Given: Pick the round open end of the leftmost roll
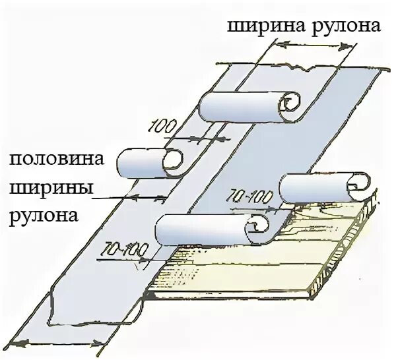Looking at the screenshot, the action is point(173,161).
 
